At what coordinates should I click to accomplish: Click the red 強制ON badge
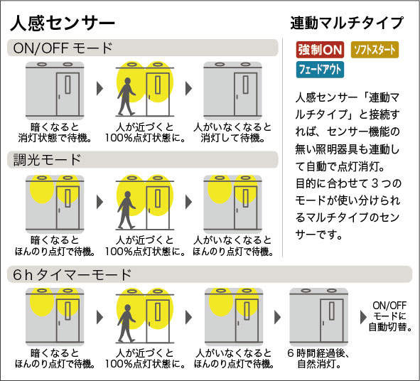coord(320,50)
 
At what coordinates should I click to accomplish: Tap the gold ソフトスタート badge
coord(375,50)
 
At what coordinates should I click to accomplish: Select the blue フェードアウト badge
coord(320,70)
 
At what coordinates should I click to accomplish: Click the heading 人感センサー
coord(63,23)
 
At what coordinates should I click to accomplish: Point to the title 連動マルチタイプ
coord(347,23)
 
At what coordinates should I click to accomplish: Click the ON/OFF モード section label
coord(63,48)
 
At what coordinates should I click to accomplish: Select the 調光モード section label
coord(47,160)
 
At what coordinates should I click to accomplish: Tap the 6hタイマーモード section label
coord(72,274)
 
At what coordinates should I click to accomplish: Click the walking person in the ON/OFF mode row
coord(126,97)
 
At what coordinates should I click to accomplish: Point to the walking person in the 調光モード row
coord(126,210)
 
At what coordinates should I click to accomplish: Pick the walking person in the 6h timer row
coord(126,323)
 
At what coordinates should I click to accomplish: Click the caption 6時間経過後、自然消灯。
coord(318,359)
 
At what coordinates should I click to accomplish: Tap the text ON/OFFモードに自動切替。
coord(389,316)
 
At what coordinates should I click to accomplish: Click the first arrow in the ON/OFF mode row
coord(100,88)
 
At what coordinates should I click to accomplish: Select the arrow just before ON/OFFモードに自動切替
coord(363,317)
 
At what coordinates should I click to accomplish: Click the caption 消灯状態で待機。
coord(55,138)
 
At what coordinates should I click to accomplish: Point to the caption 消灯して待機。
coord(233,138)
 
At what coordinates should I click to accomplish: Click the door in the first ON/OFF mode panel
coord(68,94)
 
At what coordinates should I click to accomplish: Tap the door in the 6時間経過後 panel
coord(332,321)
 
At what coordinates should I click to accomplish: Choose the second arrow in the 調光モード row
coord(189,201)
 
